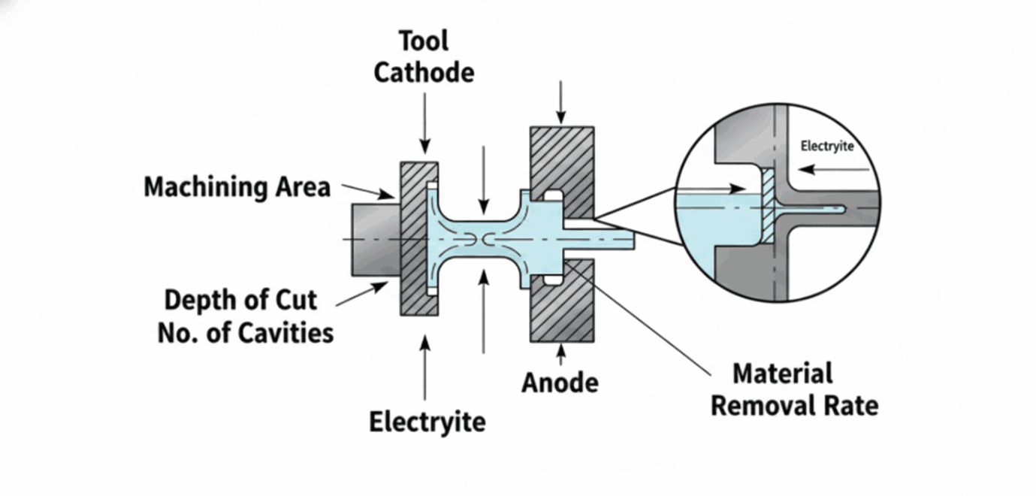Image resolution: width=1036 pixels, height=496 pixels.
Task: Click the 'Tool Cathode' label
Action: coord(424,57)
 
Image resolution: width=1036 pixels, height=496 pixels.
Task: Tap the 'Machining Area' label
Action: coord(237,186)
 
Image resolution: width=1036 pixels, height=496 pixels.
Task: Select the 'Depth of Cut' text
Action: coord(240,301)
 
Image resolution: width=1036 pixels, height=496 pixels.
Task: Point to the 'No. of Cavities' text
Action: coord(246,332)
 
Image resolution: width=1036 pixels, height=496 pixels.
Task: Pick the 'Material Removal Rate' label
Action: coord(794,390)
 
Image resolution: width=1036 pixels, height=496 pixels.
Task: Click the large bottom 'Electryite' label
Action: coord(427,422)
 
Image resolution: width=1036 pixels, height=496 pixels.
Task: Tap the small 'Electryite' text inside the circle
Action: coord(827,146)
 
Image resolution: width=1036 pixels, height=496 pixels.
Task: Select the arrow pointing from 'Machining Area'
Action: coord(368,190)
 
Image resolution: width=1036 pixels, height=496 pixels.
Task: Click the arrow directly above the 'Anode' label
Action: coord(560,355)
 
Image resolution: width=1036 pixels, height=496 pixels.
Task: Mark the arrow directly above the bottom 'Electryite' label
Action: coord(425,367)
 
